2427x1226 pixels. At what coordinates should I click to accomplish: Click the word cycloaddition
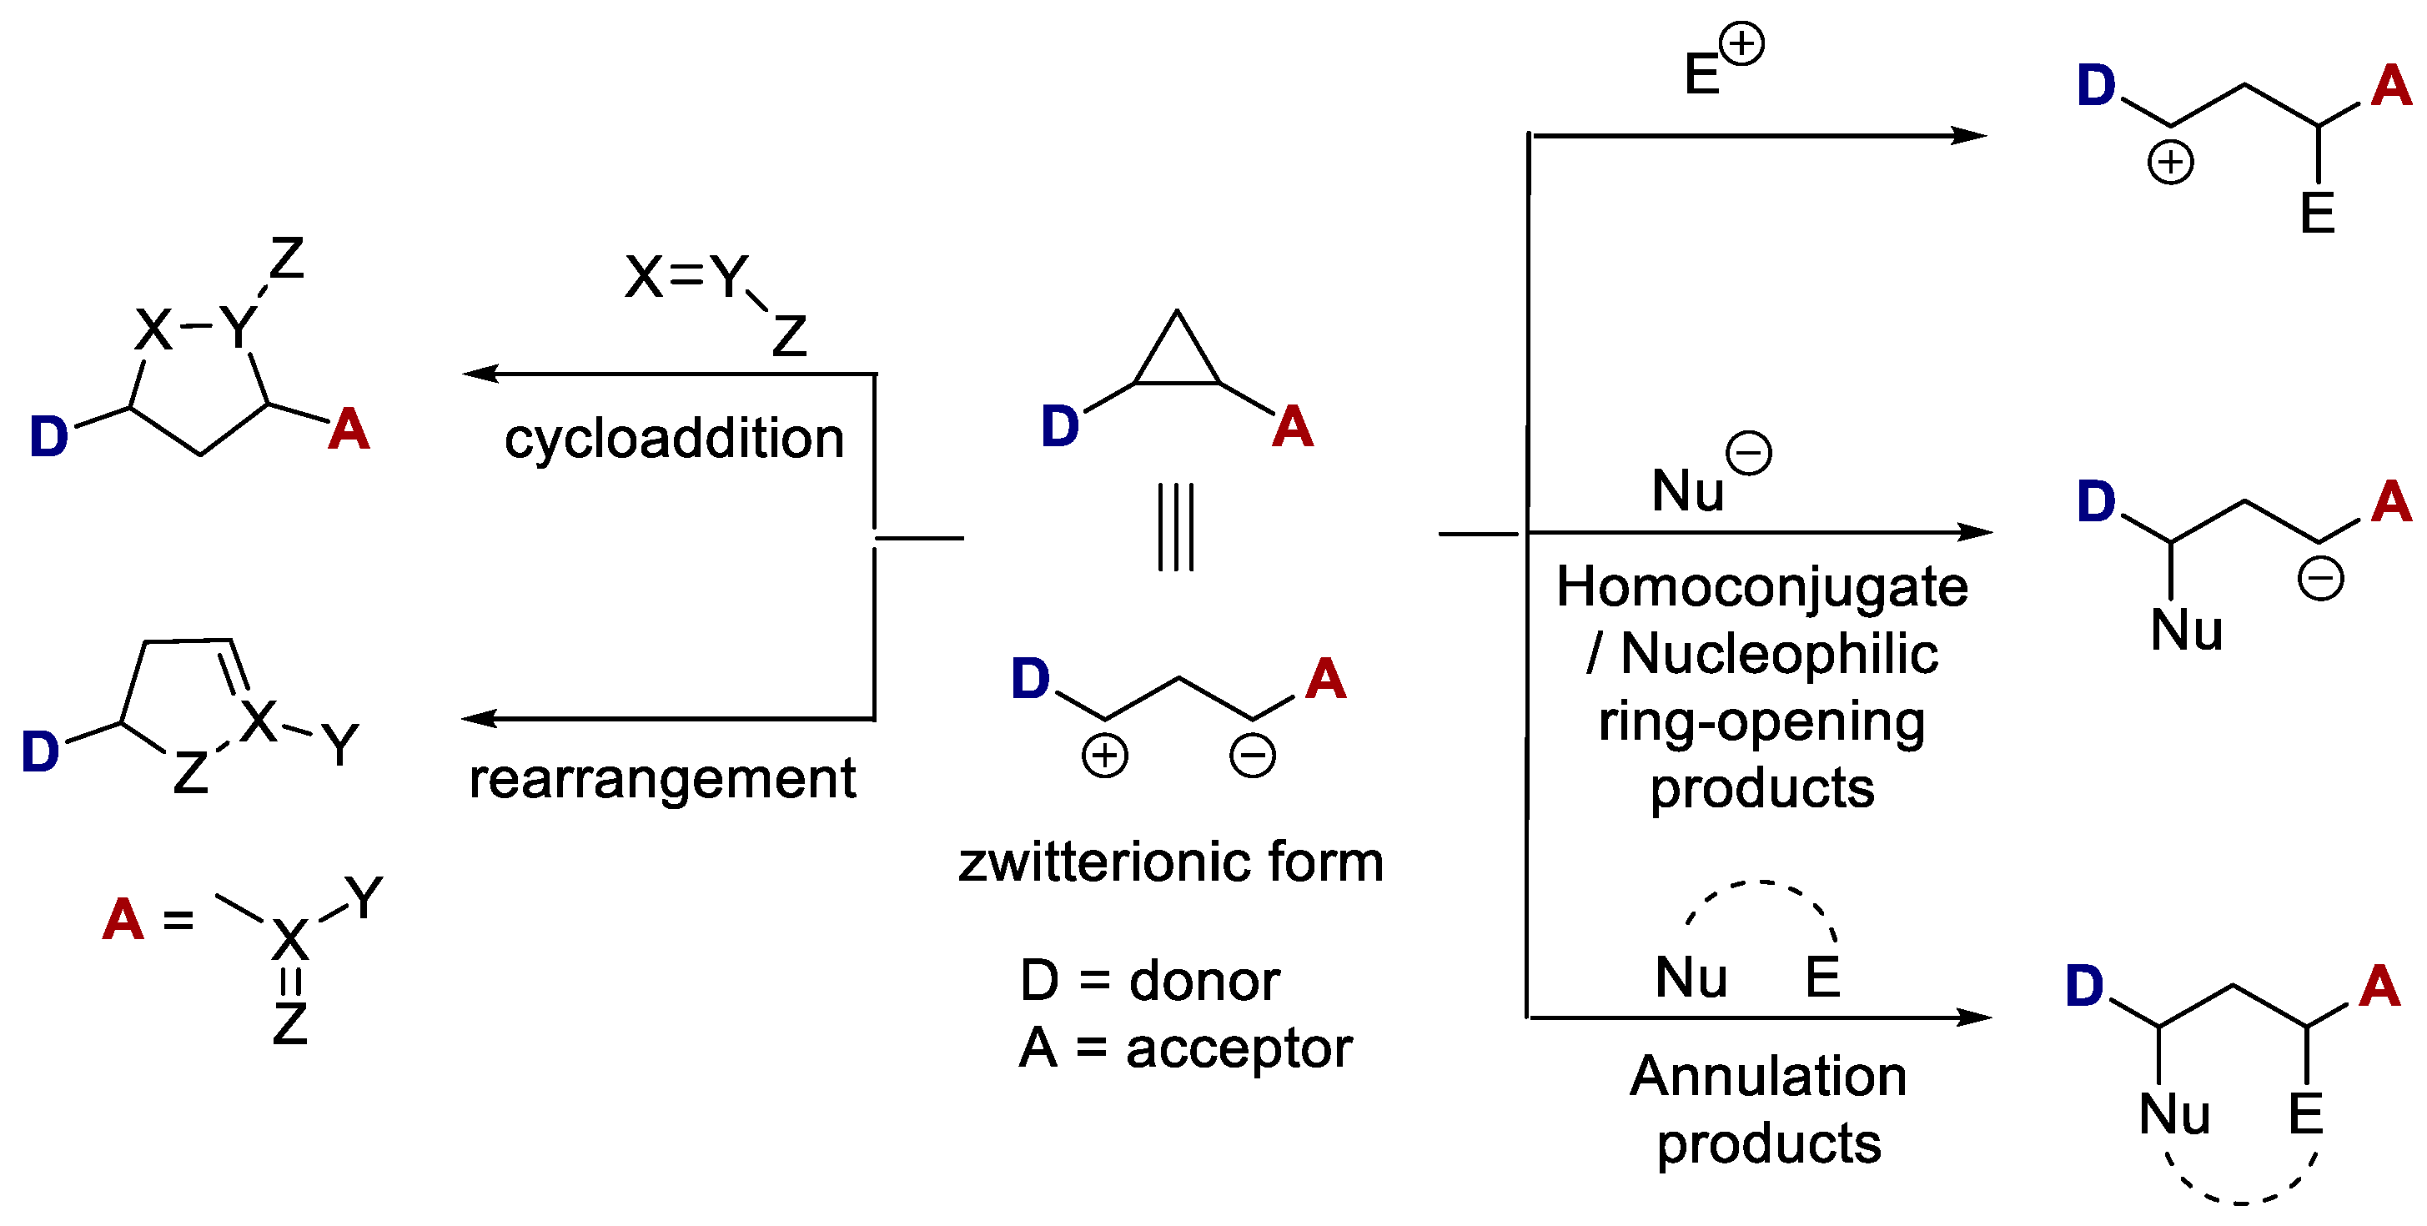click(x=674, y=440)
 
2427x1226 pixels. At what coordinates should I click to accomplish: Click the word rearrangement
click(x=662, y=779)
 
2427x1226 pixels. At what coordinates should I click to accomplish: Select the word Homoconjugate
click(x=1761, y=587)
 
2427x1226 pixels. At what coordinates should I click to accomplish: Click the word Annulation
click(x=1767, y=1076)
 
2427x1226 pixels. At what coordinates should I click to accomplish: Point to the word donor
click(x=1203, y=981)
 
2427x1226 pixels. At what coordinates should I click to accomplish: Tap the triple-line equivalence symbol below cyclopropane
click(x=1176, y=527)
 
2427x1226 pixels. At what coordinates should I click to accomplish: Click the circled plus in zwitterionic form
click(x=1104, y=756)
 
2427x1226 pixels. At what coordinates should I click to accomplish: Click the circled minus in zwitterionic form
click(x=1252, y=756)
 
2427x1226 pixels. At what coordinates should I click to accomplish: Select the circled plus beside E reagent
click(x=1741, y=44)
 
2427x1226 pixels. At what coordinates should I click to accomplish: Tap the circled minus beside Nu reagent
click(x=1748, y=453)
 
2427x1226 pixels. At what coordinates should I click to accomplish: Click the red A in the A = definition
click(x=123, y=919)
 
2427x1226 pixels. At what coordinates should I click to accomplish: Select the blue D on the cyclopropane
click(x=1059, y=426)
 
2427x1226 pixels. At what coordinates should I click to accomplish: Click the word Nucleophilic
click(x=1779, y=654)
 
